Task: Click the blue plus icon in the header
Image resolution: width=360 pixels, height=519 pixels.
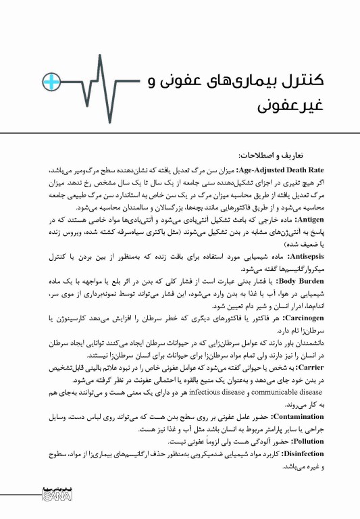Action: click(52, 82)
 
